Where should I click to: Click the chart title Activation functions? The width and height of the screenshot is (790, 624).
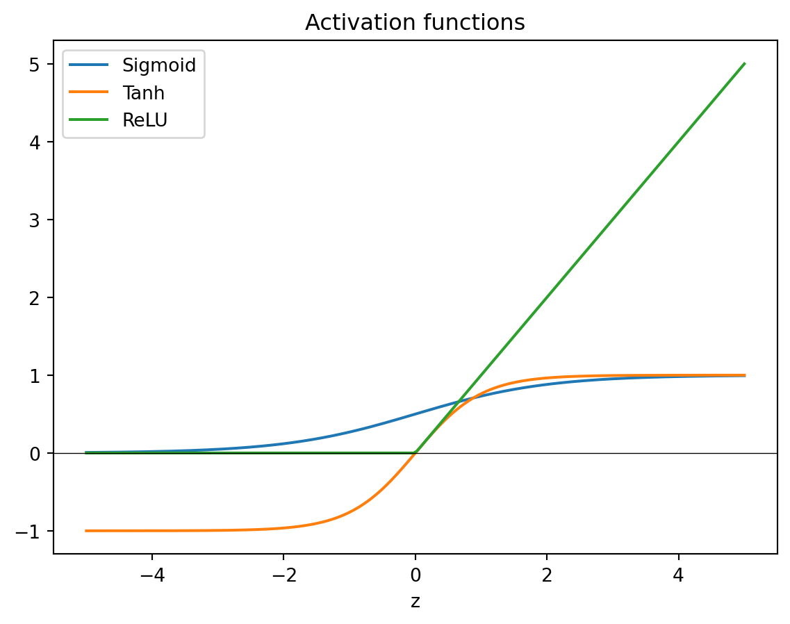(x=415, y=23)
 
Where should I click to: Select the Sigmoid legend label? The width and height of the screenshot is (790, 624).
(x=159, y=66)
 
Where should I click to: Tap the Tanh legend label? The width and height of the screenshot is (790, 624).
(x=143, y=92)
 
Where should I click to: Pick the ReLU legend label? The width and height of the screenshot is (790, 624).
(x=145, y=120)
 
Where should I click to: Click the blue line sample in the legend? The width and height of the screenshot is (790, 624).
(x=89, y=66)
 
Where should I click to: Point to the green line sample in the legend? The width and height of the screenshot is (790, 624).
(x=89, y=120)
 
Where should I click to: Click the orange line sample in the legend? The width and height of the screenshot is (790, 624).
(x=89, y=92)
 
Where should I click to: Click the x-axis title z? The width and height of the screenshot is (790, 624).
(x=415, y=601)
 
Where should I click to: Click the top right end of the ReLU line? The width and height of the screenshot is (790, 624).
(x=744, y=64)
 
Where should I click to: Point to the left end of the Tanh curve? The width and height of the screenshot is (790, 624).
(x=85, y=531)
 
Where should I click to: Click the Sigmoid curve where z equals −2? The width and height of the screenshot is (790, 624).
(x=283, y=444)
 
